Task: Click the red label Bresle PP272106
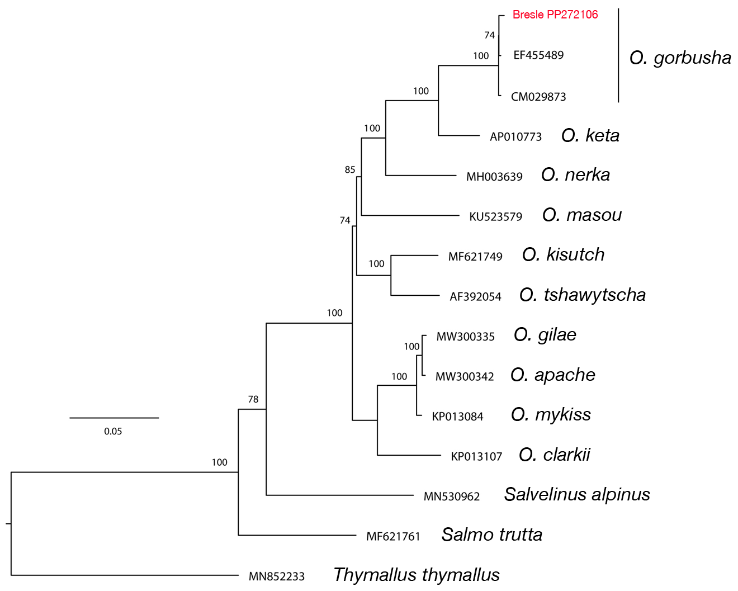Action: pos(555,15)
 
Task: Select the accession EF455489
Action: pos(538,55)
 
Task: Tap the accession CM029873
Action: pos(538,97)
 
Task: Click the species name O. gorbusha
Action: pos(680,58)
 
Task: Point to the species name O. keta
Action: pos(590,135)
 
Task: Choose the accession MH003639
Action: pos(494,177)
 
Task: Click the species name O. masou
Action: pos(581,215)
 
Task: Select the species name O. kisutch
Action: pos(563,254)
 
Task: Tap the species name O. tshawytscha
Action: pos(582,295)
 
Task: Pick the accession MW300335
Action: pos(465,337)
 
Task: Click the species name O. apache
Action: pos(552,375)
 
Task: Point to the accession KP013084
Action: pos(457,417)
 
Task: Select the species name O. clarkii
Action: pos(554,455)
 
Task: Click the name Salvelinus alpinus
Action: pos(577,494)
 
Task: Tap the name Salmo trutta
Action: pos(491,535)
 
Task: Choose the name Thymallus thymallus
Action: pos(416,575)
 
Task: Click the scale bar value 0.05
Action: pos(113,431)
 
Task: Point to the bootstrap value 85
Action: pos(350,169)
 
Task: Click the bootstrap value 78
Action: pos(253,399)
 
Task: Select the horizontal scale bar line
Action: pos(114,418)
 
